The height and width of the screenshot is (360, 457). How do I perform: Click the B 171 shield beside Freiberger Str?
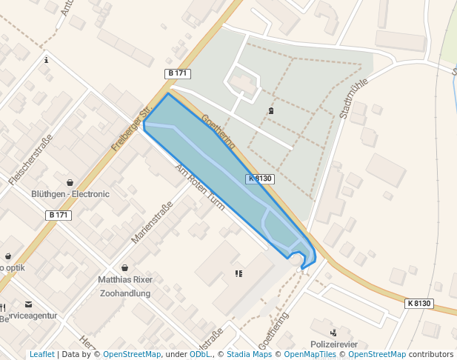tap(177, 73)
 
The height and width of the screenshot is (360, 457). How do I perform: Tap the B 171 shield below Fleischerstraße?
tap(58, 215)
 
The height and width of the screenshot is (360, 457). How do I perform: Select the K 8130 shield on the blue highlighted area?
tap(260, 179)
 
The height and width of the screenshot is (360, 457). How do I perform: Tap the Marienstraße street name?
tap(151, 222)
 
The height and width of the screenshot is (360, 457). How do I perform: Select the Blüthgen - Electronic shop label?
tap(70, 194)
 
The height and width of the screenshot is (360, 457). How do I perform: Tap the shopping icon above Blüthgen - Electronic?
tap(70, 181)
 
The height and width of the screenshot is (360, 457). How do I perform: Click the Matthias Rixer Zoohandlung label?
tap(125, 286)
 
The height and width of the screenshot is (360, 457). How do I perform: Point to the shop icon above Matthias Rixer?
tap(124, 267)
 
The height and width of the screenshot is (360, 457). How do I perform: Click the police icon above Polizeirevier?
tap(334, 333)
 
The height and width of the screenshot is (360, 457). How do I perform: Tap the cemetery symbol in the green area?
tap(270, 111)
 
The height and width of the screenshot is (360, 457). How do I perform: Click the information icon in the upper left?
tap(47, 59)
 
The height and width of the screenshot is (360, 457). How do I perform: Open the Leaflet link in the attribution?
tap(42, 354)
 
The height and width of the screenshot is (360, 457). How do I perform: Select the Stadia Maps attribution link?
tap(248, 354)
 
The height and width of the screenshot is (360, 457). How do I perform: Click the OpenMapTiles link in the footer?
tap(310, 354)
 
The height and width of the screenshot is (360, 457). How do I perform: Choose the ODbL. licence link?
tap(201, 354)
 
